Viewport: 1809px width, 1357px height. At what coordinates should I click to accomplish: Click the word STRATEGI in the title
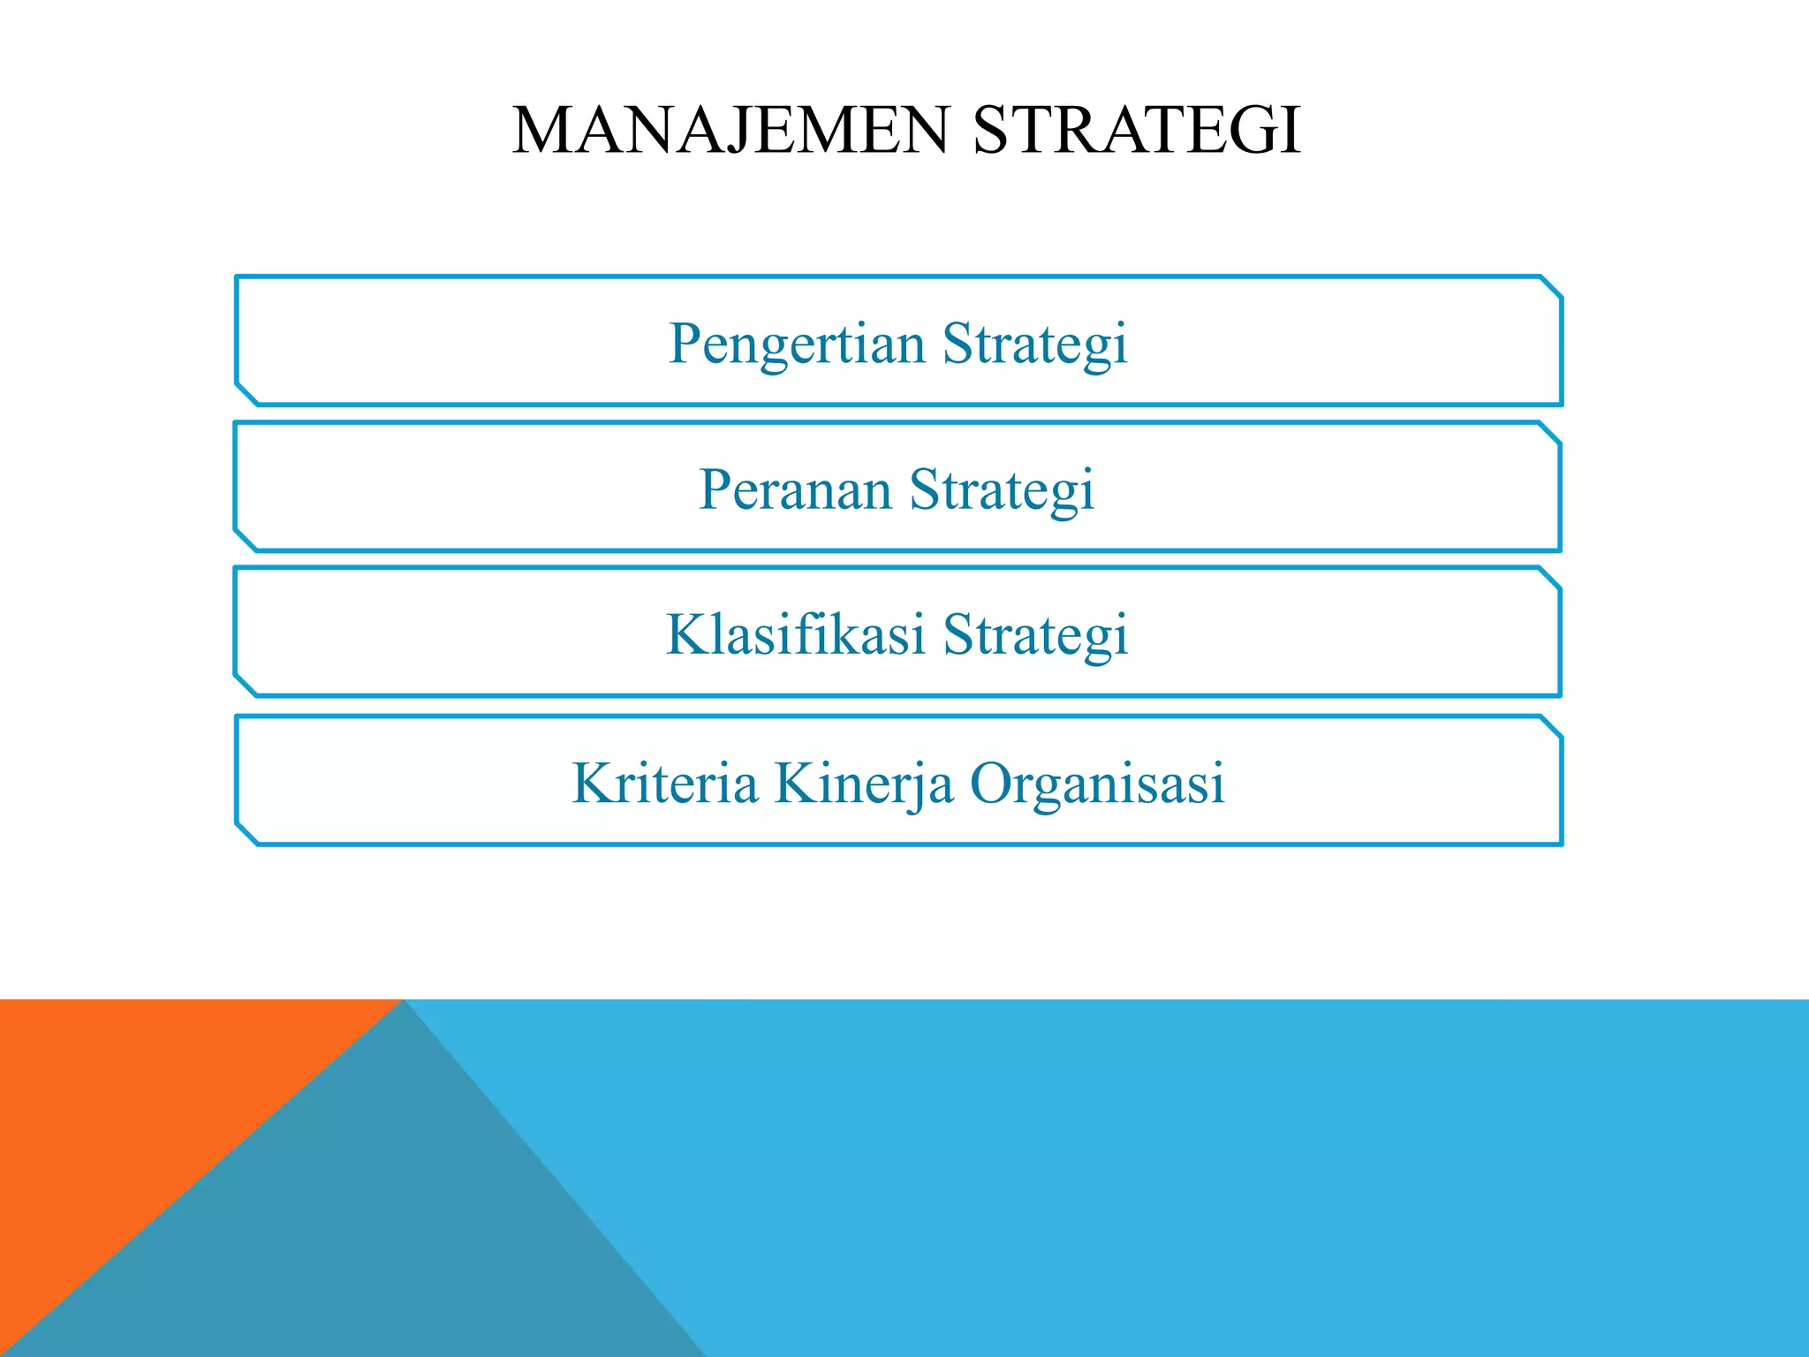pyautogui.click(x=1137, y=131)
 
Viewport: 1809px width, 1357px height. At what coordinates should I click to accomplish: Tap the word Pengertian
pyautogui.click(x=797, y=344)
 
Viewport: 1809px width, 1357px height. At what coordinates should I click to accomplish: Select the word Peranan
pyautogui.click(x=795, y=489)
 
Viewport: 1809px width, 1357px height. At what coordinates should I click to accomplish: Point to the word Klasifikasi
pyautogui.click(x=795, y=634)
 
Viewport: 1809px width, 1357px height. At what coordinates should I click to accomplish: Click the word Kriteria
pyautogui.click(x=664, y=783)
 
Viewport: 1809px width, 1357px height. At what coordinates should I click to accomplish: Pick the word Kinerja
pyautogui.click(x=863, y=783)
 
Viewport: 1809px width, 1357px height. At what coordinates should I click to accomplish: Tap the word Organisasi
pyautogui.click(x=1097, y=783)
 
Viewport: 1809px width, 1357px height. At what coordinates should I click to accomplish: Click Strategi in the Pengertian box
pyautogui.click(x=1035, y=344)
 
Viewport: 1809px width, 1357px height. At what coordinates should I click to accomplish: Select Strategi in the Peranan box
pyautogui.click(x=1003, y=489)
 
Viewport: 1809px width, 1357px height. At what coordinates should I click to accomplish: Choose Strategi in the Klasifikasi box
pyautogui.click(x=1035, y=634)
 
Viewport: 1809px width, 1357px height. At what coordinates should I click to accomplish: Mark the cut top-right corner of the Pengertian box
pyautogui.click(x=1551, y=287)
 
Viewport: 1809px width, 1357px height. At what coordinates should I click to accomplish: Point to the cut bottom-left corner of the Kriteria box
pyautogui.click(x=246, y=834)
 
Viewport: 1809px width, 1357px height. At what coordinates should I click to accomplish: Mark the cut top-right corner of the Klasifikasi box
pyautogui.click(x=1549, y=579)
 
